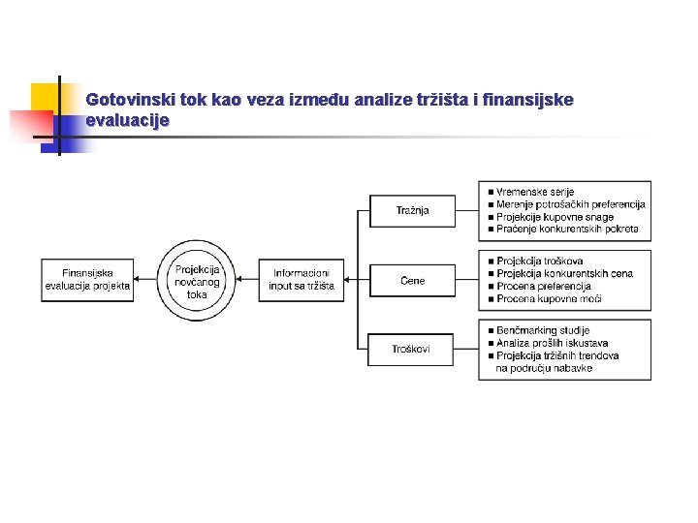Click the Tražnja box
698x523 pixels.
413,211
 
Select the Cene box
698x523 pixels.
413,281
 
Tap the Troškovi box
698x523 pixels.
412,349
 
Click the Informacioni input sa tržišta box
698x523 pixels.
301,280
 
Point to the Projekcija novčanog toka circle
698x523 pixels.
198,281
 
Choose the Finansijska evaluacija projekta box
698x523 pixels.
87,280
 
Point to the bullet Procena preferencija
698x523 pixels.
544,287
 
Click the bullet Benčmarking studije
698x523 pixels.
543,331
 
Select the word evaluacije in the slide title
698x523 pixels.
127,121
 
